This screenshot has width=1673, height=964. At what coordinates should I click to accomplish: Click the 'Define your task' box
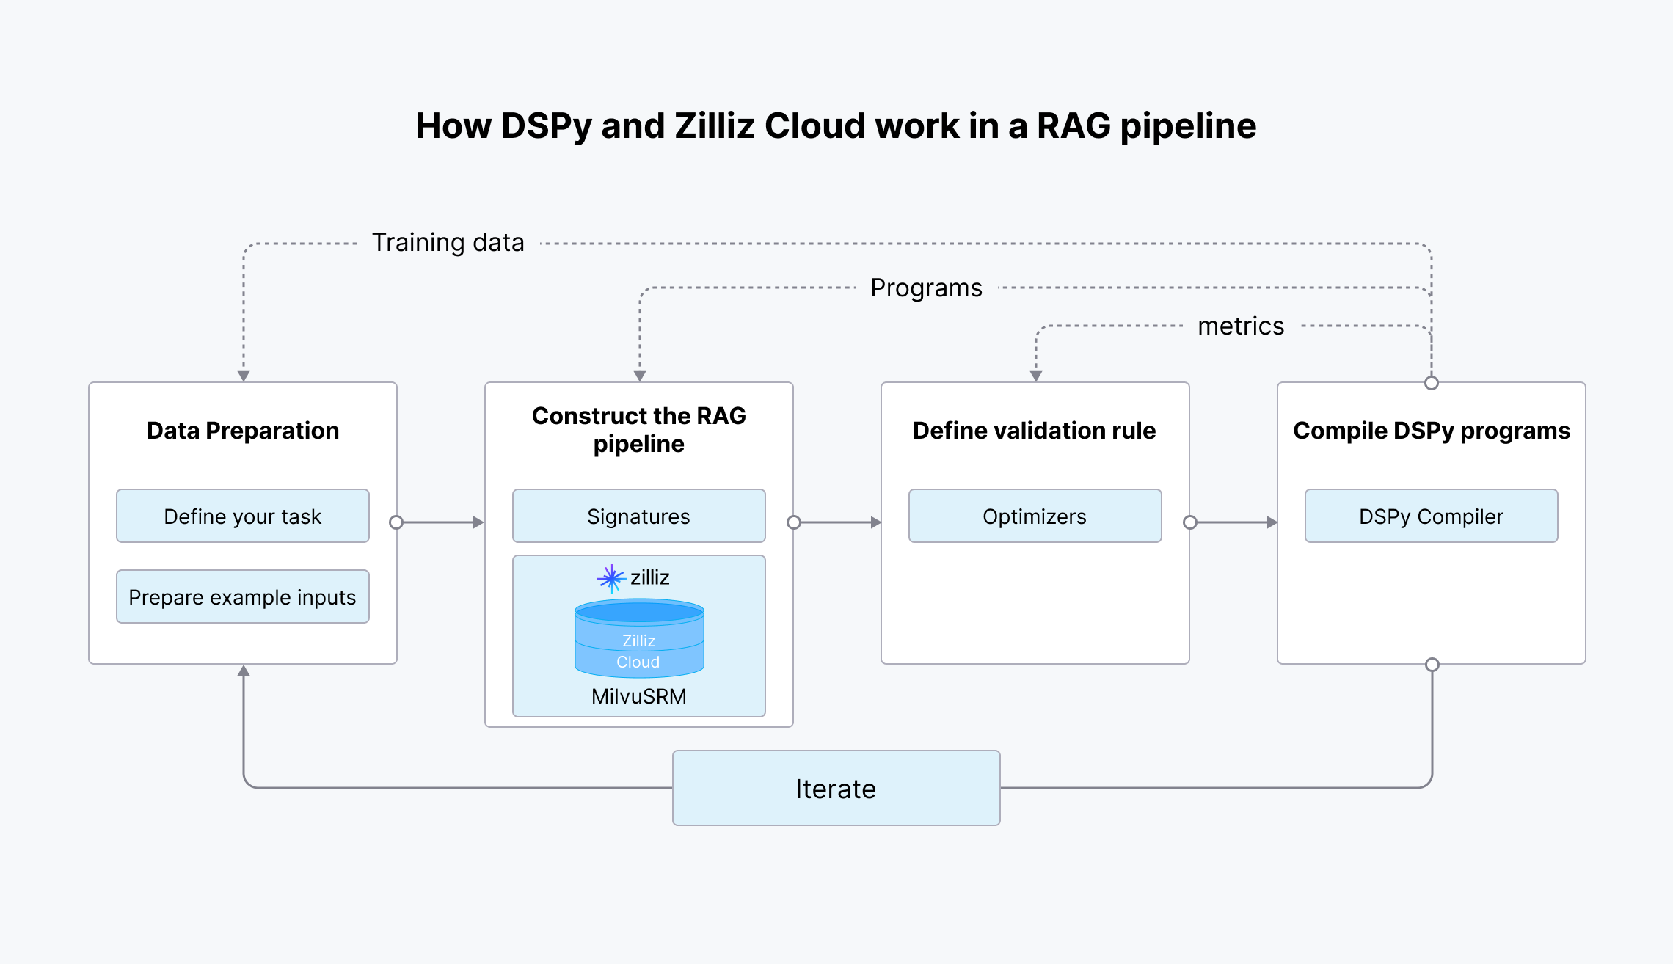(x=242, y=516)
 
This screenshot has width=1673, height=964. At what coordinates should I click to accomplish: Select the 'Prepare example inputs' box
(x=242, y=596)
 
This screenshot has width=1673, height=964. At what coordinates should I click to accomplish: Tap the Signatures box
(x=638, y=516)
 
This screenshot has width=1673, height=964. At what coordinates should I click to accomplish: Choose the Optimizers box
(x=1035, y=516)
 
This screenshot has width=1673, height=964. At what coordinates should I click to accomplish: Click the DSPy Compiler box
(x=1431, y=516)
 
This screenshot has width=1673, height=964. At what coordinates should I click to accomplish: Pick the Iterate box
(x=836, y=788)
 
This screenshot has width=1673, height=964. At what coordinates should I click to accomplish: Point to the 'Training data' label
(x=448, y=242)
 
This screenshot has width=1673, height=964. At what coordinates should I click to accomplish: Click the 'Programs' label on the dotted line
(x=926, y=288)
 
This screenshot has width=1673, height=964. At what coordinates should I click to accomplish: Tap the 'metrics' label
(x=1241, y=326)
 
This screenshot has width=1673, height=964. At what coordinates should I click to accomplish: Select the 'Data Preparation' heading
(x=242, y=430)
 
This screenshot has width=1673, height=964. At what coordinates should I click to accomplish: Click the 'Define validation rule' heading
(x=1034, y=430)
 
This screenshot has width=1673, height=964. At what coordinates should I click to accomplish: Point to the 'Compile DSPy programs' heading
(x=1431, y=430)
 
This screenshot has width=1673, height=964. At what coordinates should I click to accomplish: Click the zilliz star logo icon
(x=611, y=578)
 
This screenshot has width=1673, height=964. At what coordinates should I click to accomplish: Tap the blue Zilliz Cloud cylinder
(x=639, y=638)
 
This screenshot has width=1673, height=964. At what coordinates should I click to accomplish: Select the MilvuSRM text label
(x=638, y=696)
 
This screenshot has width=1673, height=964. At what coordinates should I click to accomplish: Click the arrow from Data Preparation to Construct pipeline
(x=440, y=522)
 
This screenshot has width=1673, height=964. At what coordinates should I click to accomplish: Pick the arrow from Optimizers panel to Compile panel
(x=1234, y=522)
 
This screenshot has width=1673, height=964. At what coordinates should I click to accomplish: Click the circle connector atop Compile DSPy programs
(x=1431, y=383)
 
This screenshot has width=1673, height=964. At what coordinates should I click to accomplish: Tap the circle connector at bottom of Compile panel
(x=1432, y=665)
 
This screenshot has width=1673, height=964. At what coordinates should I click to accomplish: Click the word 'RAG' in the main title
(x=1074, y=125)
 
